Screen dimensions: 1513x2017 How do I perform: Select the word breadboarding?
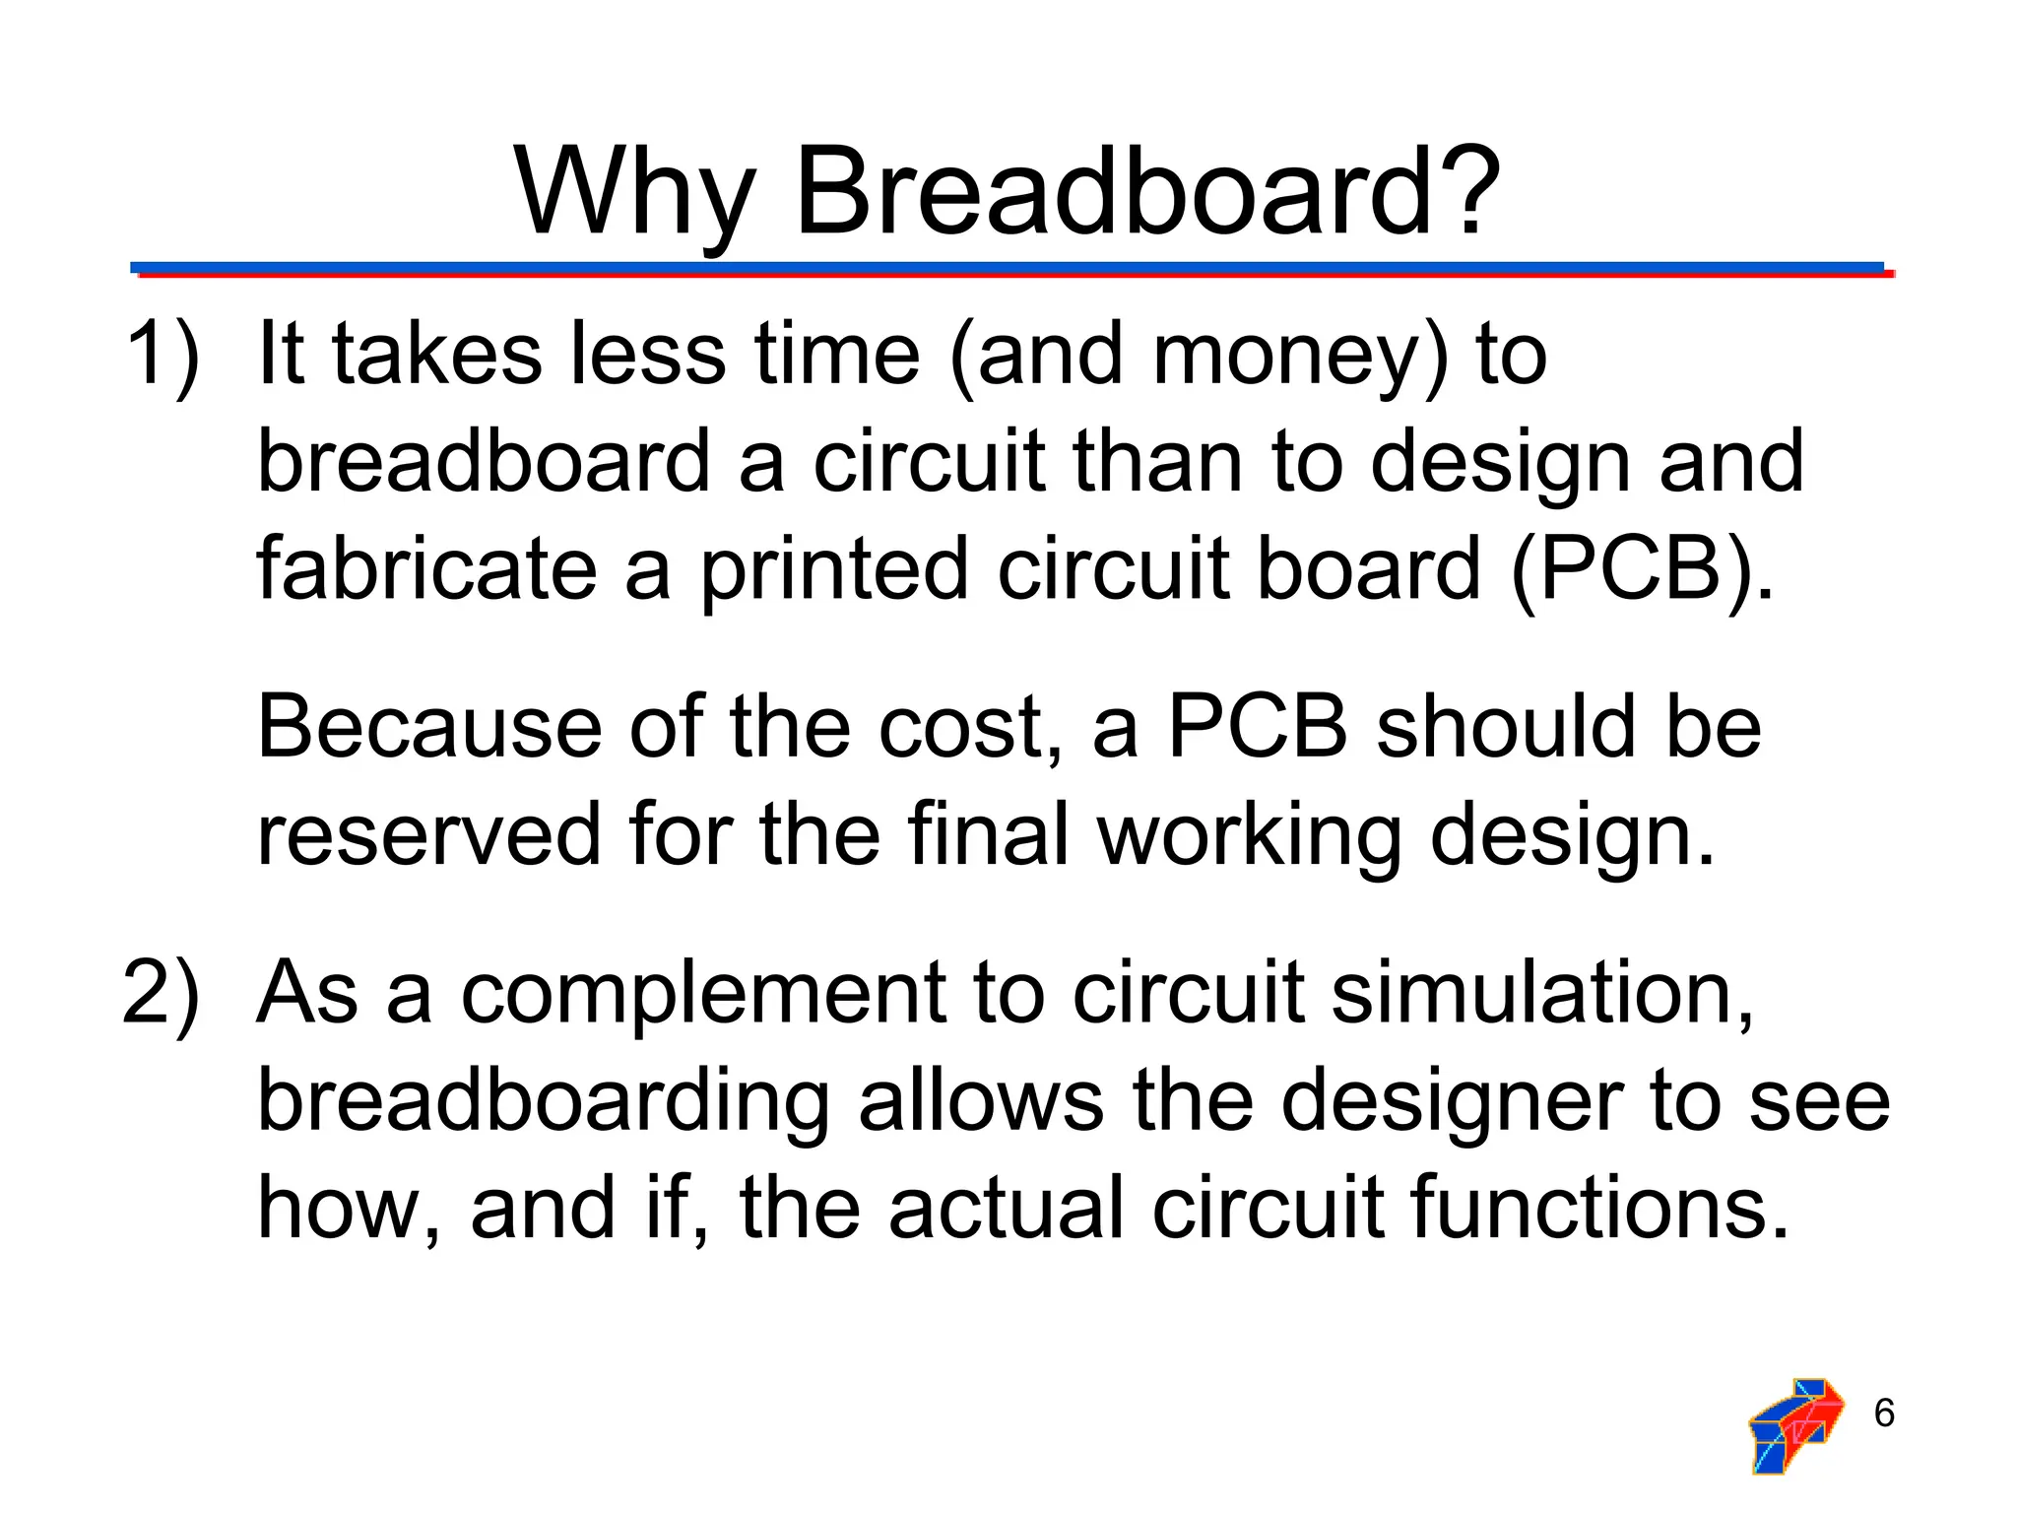(543, 1101)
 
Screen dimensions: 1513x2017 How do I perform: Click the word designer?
(1452, 1101)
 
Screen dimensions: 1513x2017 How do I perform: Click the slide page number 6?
(1883, 1414)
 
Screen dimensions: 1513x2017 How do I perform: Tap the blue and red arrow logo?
(1795, 1424)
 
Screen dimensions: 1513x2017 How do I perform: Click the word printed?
(833, 569)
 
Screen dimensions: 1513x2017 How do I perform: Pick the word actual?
(1005, 1208)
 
